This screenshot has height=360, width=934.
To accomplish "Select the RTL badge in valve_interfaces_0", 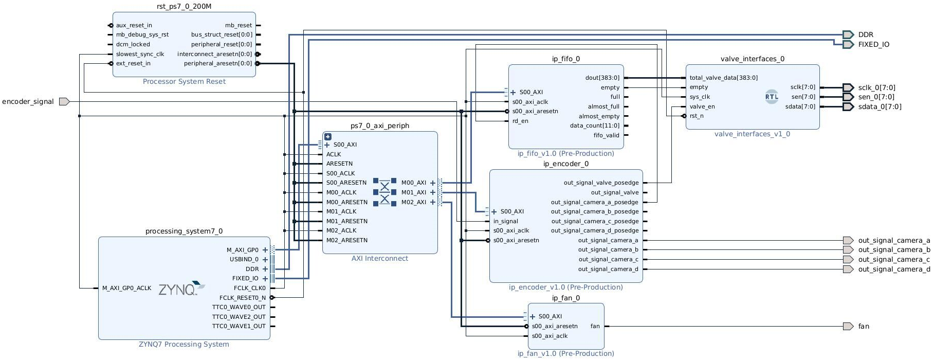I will click(x=771, y=97).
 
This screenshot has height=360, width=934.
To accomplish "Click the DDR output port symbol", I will click(x=848, y=34).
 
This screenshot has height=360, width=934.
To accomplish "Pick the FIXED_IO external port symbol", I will click(x=848, y=44).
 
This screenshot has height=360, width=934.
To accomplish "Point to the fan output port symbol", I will click(x=848, y=326).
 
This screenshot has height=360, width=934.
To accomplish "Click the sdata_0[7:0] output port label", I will click(x=880, y=107).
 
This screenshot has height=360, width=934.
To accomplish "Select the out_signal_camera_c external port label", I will click(x=893, y=260).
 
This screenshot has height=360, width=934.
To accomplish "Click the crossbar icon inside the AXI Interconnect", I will click(x=384, y=192).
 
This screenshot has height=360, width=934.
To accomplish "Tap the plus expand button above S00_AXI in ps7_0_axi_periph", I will click(x=328, y=137).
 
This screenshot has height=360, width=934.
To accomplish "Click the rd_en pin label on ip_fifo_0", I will click(x=520, y=121).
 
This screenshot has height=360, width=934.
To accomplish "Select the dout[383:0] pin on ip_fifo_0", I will click(x=602, y=78).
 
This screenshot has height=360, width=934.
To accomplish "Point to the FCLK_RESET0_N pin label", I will click(x=243, y=298).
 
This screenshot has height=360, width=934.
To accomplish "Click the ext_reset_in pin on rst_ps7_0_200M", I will click(x=133, y=64).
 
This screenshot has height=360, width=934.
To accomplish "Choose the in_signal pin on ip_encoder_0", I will click(x=506, y=221).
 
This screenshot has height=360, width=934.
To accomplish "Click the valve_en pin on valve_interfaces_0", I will click(x=702, y=106).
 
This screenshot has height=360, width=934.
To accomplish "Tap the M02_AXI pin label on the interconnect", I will click(x=414, y=202).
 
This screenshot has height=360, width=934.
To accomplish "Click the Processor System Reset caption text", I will click(x=184, y=82).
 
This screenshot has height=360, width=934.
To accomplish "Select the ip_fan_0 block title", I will click(x=565, y=298).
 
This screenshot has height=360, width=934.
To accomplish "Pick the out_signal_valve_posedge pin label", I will click(x=601, y=183).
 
